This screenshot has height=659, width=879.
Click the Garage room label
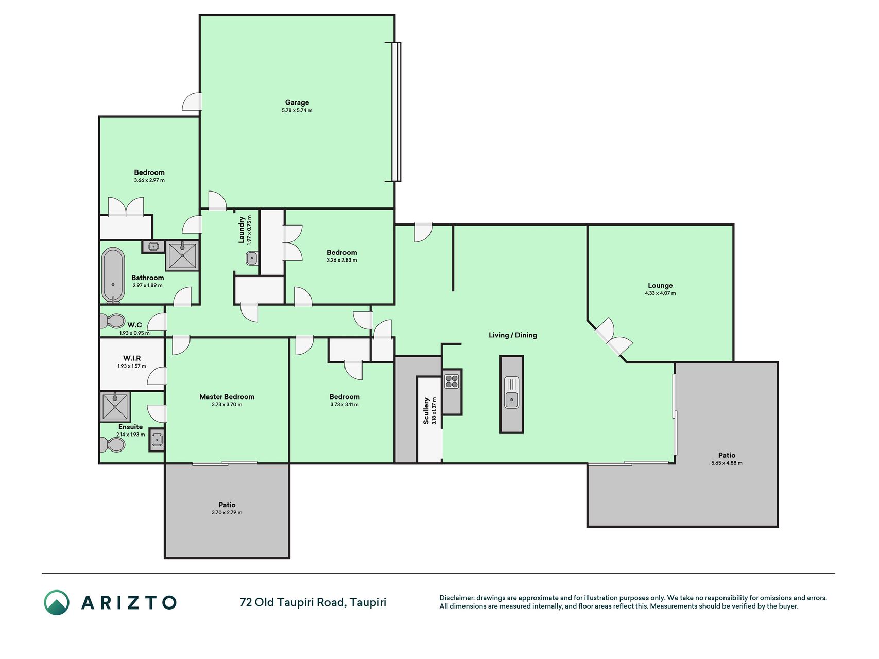pyautogui.click(x=297, y=102)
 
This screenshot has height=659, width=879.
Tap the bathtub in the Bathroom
pyautogui.click(x=113, y=275)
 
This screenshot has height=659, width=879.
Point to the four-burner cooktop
pyautogui.click(x=452, y=381)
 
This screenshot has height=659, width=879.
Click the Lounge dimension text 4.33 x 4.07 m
pyautogui.click(x=660, y=293)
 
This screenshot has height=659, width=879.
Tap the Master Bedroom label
pyautogui.click(x=227, y=396)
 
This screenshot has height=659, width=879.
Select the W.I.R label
pyautogui.click(x=132, y=358)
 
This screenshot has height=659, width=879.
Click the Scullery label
pyautogui.click(x=426, y=410)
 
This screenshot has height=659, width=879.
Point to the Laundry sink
pyautogui.click(x=252, y=258)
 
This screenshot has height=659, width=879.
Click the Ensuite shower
pyautogui.click(x=115, y=406)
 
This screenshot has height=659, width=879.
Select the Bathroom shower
pyautogui.click(x=182, y=256)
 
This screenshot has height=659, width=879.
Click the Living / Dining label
pyautogui.click(x=513, y=335)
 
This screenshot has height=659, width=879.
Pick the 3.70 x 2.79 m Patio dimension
pyautogui.click(x=227, y=513)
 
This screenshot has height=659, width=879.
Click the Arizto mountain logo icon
pyautogui.click(x=57, y=602)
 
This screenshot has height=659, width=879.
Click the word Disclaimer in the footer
pyautogui.click(x=456, y=598)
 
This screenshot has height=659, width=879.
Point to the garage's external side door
pyautogui.click(x=192, y=101)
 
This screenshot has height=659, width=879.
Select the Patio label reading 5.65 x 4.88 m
pyautogui.click(x=727, y=463)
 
